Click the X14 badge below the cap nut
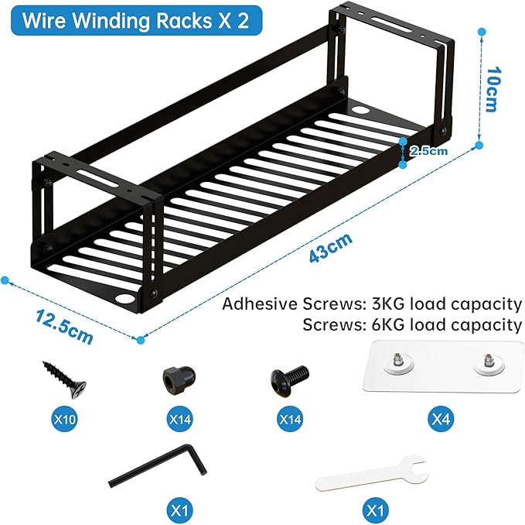[179, 423]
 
